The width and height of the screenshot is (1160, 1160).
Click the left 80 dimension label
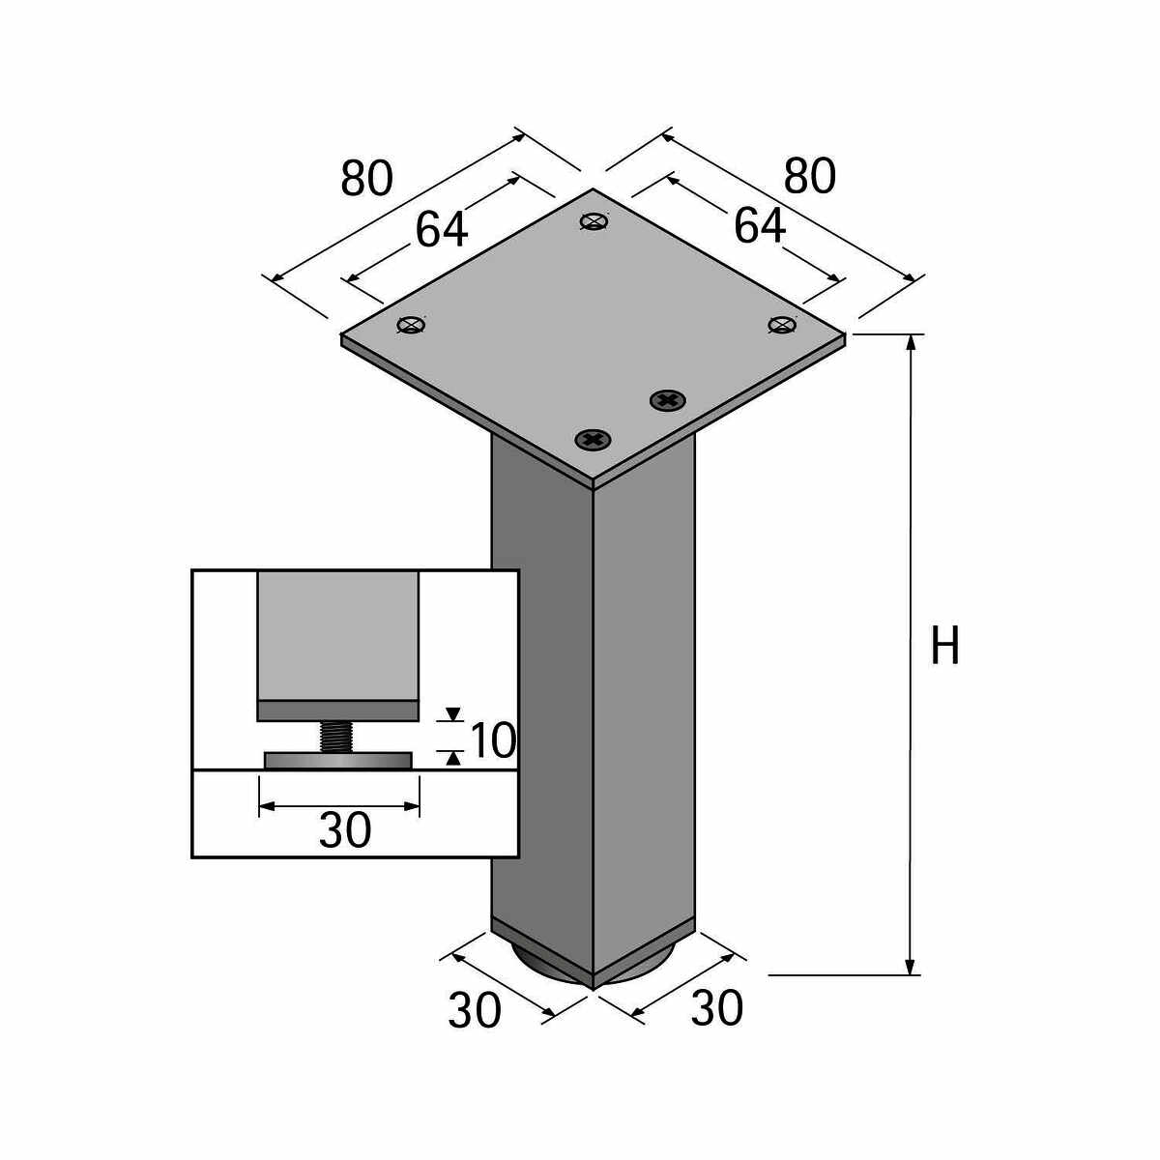point(367,179)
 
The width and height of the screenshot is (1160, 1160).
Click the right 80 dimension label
point(810,177)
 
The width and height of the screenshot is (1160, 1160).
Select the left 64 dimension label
point(442,229)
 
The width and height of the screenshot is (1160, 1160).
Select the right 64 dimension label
point(760,226)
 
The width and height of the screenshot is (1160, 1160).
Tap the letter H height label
point(944,647)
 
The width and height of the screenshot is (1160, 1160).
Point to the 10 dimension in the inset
point(493,741)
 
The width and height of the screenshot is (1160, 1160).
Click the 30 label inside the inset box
point(345,830)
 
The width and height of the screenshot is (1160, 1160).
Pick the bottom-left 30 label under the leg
point(475,1010)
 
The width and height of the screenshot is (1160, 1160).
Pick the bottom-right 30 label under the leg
point(717,1008)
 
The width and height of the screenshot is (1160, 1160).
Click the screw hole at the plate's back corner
point(594,221)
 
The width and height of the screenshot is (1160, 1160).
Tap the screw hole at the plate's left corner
point(412,325)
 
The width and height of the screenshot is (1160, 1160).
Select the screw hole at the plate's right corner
point(781,324)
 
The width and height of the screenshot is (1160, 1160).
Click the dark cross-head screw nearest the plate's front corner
point(594,441)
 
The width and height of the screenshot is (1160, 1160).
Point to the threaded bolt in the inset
point(337,737)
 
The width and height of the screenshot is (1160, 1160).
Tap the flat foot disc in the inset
point(338,762)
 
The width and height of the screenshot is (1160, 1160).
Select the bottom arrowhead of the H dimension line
point(910,967)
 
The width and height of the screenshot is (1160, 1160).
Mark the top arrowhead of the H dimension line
point(910,343)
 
